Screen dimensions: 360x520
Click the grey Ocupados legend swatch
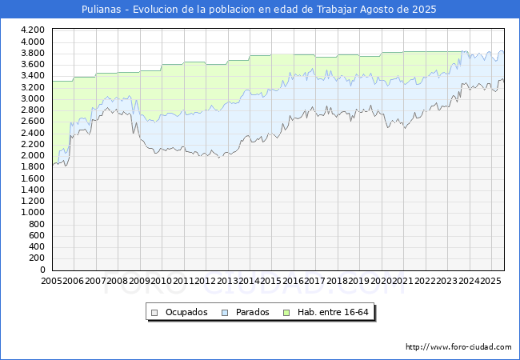pyautogui.click(x=156, y=312)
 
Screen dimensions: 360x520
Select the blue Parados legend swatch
pyautogui.click(x=226, y=312)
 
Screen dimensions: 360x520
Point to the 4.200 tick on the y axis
pyautogui.click(x=33, y=30)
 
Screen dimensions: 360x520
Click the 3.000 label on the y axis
pyautogui.click(x=33, y=98)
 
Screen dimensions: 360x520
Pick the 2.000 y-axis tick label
pyautogui.click(x=33, y=156)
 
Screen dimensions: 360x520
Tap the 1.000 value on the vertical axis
pyautogui.click(x=33, y=213)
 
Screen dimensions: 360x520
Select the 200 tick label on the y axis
pyautogui.click(x=38, y=258)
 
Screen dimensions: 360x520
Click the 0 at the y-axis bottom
pyautogui.click(x=42, y=270)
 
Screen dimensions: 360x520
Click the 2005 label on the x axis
pyautogui.click(x=52, y=282)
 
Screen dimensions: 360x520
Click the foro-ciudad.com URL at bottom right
pyautogui.click(x=458, y=347)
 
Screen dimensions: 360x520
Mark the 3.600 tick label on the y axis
pyautogui.click(x=33, y=65)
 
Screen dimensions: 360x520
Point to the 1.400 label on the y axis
pyautogui.click(x=33, y=190)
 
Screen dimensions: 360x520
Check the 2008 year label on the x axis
pyautogui.click(x=118, y=282)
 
